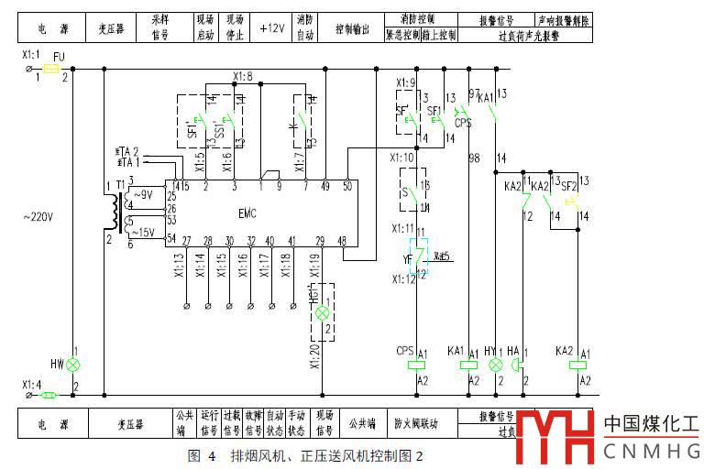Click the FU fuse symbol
(x=51, y=69)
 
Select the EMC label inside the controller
(x=247, y=213)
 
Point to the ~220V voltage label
(x=38, y=217)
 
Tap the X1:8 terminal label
(x=243, y=76)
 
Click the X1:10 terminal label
(x=403, y=158)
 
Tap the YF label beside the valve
(x=408, y=258)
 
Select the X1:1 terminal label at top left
(x=30, y=57)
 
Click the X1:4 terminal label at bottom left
(x=30, y=385)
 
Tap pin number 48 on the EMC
(x=343, y=240)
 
